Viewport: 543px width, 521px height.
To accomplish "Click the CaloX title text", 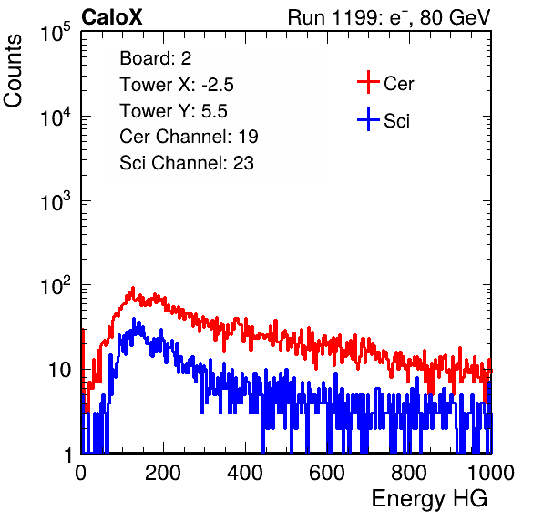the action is [111, 17].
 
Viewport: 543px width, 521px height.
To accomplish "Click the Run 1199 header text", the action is [389, 17].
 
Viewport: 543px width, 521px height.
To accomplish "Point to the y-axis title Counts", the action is [13, 71].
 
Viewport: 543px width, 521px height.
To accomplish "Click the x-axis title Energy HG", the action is [429, 499].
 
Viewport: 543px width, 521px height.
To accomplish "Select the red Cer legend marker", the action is [368, 82].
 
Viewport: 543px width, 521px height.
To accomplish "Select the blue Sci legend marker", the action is [368, 119].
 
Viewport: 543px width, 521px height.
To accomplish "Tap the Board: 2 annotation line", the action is [156, 58].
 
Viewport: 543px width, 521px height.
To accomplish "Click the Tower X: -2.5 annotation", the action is [177, 85].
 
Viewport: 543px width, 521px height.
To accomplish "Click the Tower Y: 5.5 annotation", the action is [173, 111].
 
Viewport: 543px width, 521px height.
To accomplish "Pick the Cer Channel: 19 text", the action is [189, 137].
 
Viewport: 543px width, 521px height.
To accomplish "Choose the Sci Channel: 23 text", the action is [187, 163].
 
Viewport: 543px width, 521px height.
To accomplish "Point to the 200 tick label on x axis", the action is [163, 472].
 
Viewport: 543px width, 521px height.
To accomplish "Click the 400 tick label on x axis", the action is [245, 472].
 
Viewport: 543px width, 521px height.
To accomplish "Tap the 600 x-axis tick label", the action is [327, 472].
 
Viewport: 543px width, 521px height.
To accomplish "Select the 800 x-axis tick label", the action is [409, 472].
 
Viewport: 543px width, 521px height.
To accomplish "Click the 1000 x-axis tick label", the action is [491, 472].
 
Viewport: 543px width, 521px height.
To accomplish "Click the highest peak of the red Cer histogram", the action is [133, 288].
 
